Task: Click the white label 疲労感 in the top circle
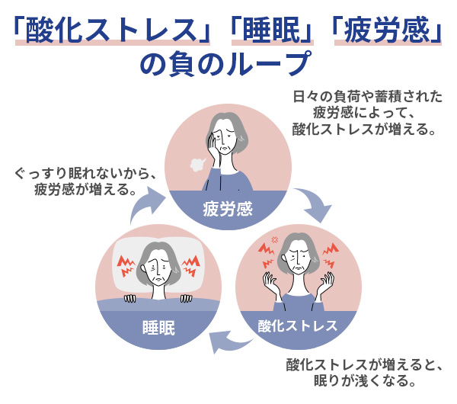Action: [x=228, y=209]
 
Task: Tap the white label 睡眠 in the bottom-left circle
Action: [x=159, y=328]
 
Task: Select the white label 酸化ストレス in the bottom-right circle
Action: [x=298, y=325]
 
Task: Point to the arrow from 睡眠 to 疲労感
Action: [x=144, y=204]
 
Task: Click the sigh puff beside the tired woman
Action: [x=197, y=164]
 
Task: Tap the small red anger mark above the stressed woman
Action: [x=274, y=240]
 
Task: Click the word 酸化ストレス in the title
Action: [x=112, y=30]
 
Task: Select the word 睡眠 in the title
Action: [x=272, y=30]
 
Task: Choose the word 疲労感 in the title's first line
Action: [x=387, y=30]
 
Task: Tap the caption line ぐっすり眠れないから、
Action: [x=86, y=174]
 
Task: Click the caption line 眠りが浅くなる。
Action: [x=365, y=380]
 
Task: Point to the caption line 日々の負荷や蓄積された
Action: [x=368, y=97]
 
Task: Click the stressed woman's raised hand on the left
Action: [x=270, y=284]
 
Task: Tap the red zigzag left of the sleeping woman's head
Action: [x=126, y=266]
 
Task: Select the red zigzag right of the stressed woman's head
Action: [x=331, y=255]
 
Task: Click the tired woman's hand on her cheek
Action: [x=215, y=146]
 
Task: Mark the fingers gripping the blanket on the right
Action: [x=186, y=298]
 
